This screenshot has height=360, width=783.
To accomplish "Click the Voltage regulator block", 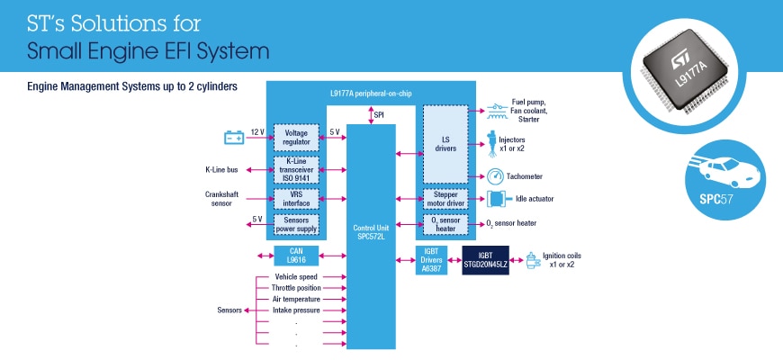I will (x=295, y=137).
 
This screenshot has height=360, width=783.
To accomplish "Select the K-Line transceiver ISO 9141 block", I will (x=295, y=168).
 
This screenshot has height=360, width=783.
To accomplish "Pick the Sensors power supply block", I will (x=295, y=222).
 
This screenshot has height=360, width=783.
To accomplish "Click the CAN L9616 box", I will (x=295, y=255).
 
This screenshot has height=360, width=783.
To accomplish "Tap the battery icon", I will (x=234, y=137).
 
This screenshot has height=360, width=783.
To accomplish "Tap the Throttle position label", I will (x=297, y=287).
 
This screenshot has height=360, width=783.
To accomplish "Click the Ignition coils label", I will (x=563, y=259).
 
